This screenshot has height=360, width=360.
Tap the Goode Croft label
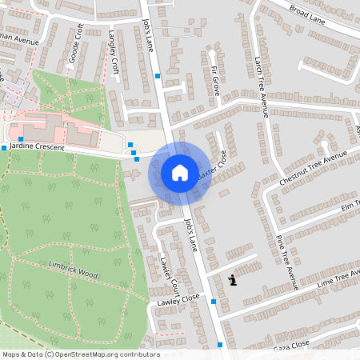[76, 44]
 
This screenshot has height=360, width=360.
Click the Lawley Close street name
[178, 298]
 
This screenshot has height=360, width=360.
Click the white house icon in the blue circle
[180, 172]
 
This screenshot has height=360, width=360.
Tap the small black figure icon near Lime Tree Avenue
[232, 279]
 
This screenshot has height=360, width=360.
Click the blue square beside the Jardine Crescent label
[4, 148]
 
